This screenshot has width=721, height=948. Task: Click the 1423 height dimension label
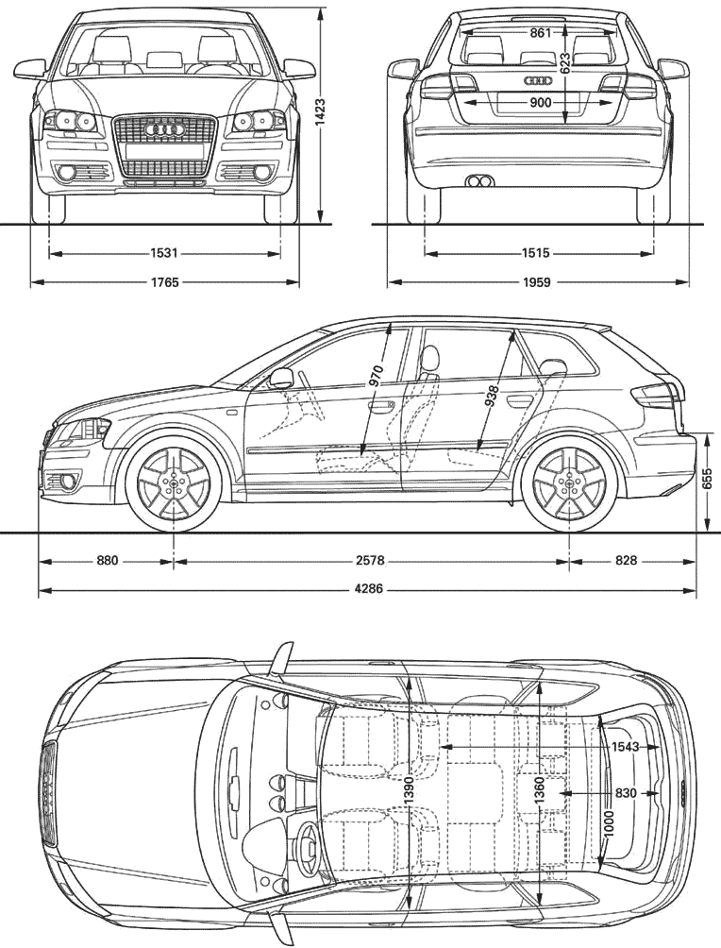pyautogui.click(x=320, y=112)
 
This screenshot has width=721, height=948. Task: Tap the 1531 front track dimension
pyautogui.click(x=164, y=253)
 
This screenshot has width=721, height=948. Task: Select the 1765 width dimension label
pyautogui.click(x=164, y=282)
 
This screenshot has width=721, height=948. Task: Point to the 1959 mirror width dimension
pyautogui.click(x=537, y=282)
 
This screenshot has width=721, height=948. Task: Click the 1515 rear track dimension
pyautogui.click(x=536, y=253)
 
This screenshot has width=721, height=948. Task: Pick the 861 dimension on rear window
pyautogui.click(x=541, y=33)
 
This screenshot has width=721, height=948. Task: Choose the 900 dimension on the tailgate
pyautogui.click(x=541, y=103)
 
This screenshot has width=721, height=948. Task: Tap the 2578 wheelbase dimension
pyautogui.click(x=370, y=561)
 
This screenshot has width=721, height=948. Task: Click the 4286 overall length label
pyautogui.click(x=369, y=587)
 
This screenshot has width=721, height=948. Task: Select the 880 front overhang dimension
pyautogui.click(x=107, y=561)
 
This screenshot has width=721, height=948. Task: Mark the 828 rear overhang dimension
pyautogui.click(x=626, y=561)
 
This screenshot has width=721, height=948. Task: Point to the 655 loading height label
pyautogui.click(x=708, y=480)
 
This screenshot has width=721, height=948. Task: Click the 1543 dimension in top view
pyautogui.click(x=625, y=747)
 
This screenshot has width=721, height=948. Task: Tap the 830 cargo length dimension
pyautogui.click(x=626, y=792)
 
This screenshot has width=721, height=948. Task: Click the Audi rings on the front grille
pyautogui.click(x=164, y=129)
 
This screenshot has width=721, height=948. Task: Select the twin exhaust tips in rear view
pyautogui.click(x=479, y=179)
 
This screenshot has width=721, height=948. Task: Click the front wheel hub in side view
pyautogui.click(x=174, y=482)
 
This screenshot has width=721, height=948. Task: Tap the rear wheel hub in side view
pyautogui.click(x=569, y=482)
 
